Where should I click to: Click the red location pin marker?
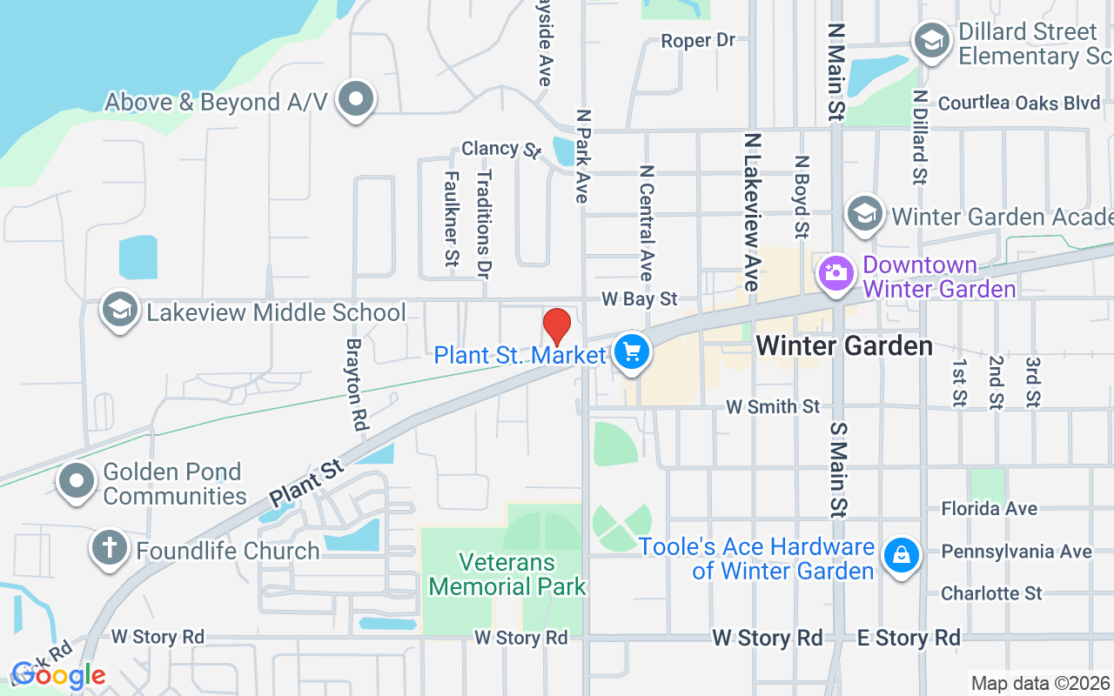point(557,327)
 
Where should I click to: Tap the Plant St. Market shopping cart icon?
point(632,352)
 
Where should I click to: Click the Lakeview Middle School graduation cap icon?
point(120,309)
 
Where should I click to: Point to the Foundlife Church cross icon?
point(110,548)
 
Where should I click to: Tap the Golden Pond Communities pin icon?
point(77,480)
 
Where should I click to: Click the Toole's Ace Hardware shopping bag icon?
point(901,554)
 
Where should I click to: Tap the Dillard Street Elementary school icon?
point(931,40)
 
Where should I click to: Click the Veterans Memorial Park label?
point(508,574)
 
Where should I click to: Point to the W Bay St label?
point(640,299)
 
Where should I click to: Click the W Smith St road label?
point(773,406)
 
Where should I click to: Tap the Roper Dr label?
point(698,41)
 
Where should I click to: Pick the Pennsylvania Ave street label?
point(1017,552)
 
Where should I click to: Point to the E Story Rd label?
point(909,638)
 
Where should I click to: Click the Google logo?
point(58,675)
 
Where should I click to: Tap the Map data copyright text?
point(1040,683)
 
